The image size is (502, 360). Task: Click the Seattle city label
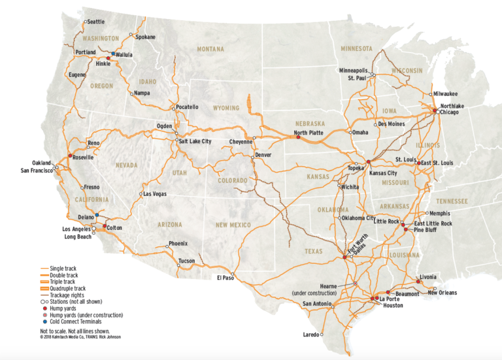pyautogui.click(x=96, y=22)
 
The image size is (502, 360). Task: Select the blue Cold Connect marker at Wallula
pyautogui.click(x=113, y=54)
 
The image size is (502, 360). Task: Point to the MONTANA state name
pyautogui.click(x=211, y=49)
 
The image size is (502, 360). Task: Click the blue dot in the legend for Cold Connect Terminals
pyautogui.click(x=42, y=321)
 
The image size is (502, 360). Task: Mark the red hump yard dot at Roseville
pyautogui.click(x=70, y=155)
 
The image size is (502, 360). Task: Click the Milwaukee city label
pyautogui.click(x=444, y=93)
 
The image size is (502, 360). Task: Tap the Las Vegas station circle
pyautogui.click(x=141, y=194)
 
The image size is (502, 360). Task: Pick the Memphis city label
pyautogui.click(x=442, y=213)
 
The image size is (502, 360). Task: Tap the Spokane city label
pyautogui.click(x=145, y=37)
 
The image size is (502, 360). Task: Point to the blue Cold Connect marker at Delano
pyautogui.click(x=97, y=214)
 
